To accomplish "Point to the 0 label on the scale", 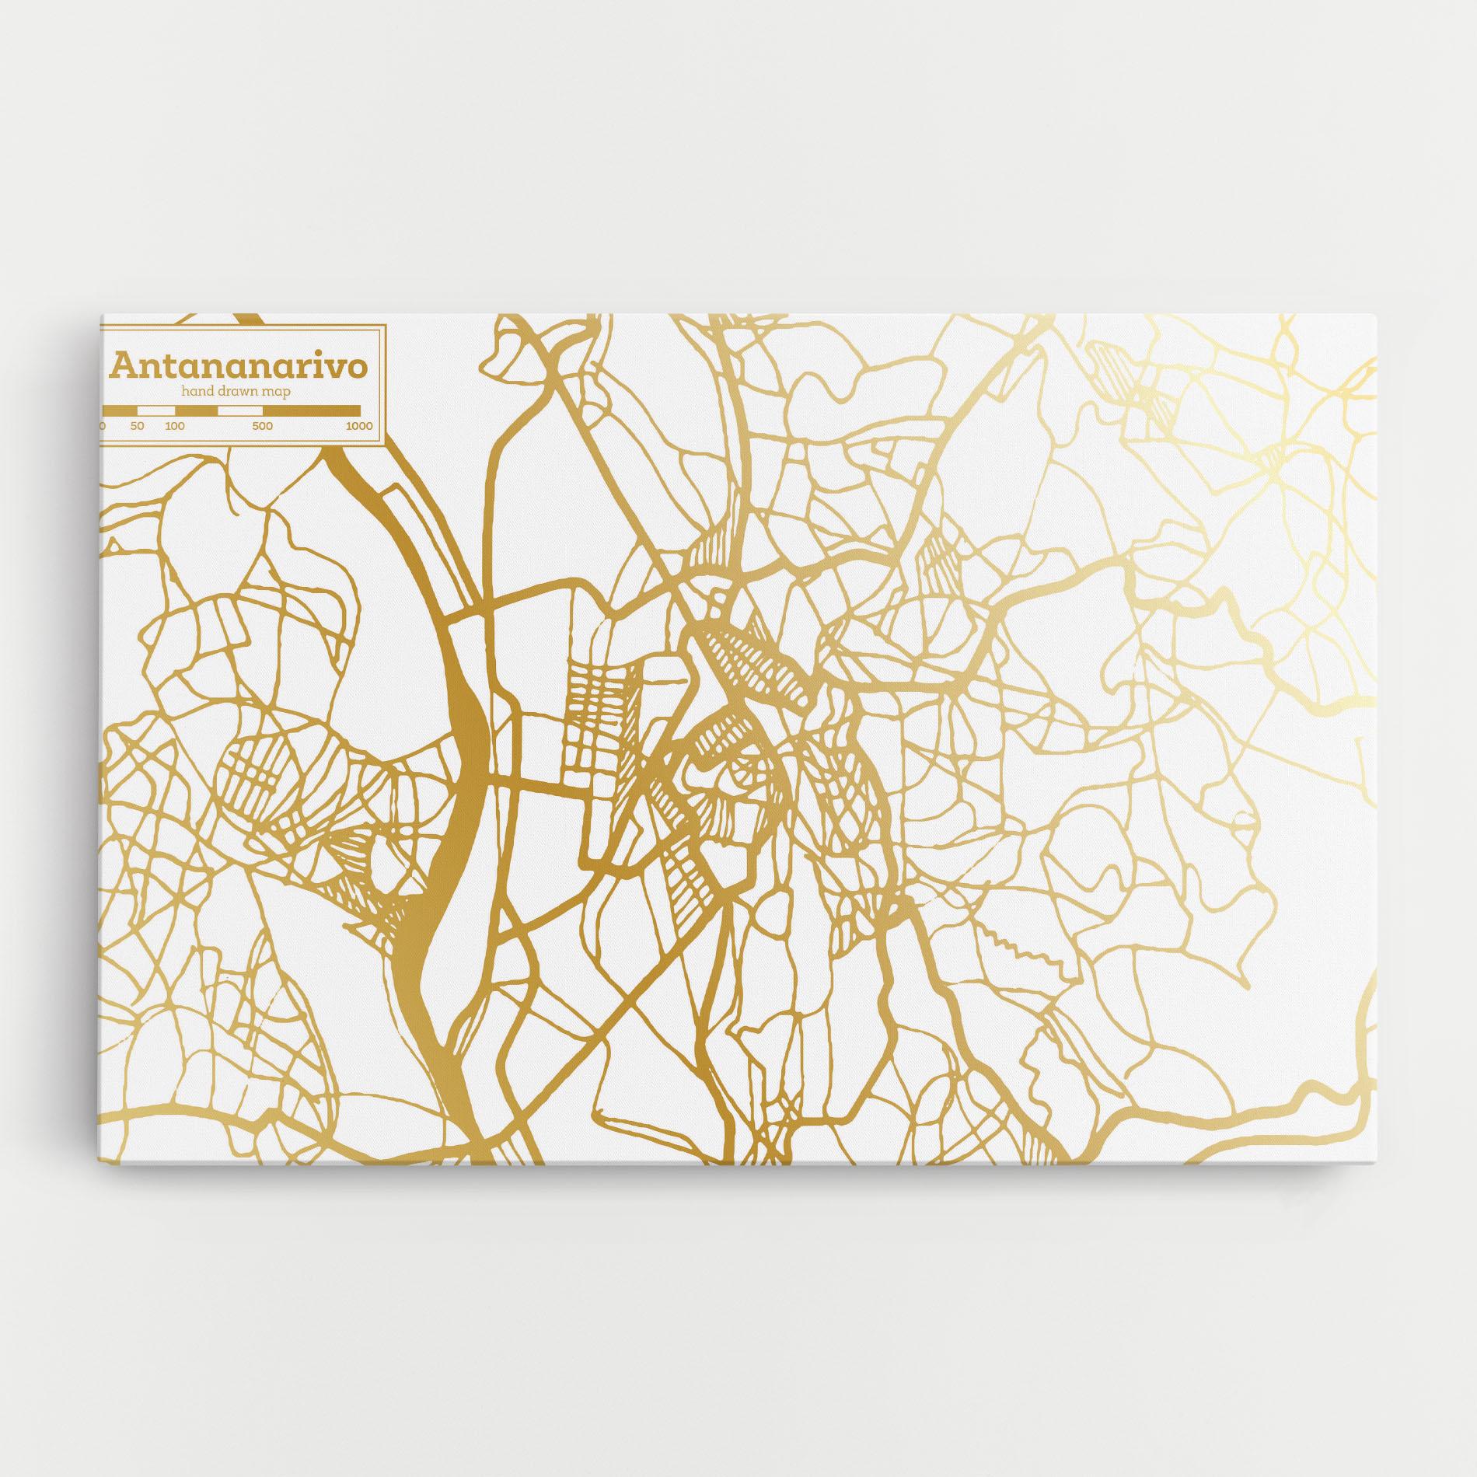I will click(x=103, y=426).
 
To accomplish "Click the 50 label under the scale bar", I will click(x=138, y=426).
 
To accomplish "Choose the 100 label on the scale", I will click(x=175, y=426).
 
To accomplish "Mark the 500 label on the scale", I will click(x=262, y=426).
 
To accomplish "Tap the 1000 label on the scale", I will click(x=359, y=426).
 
